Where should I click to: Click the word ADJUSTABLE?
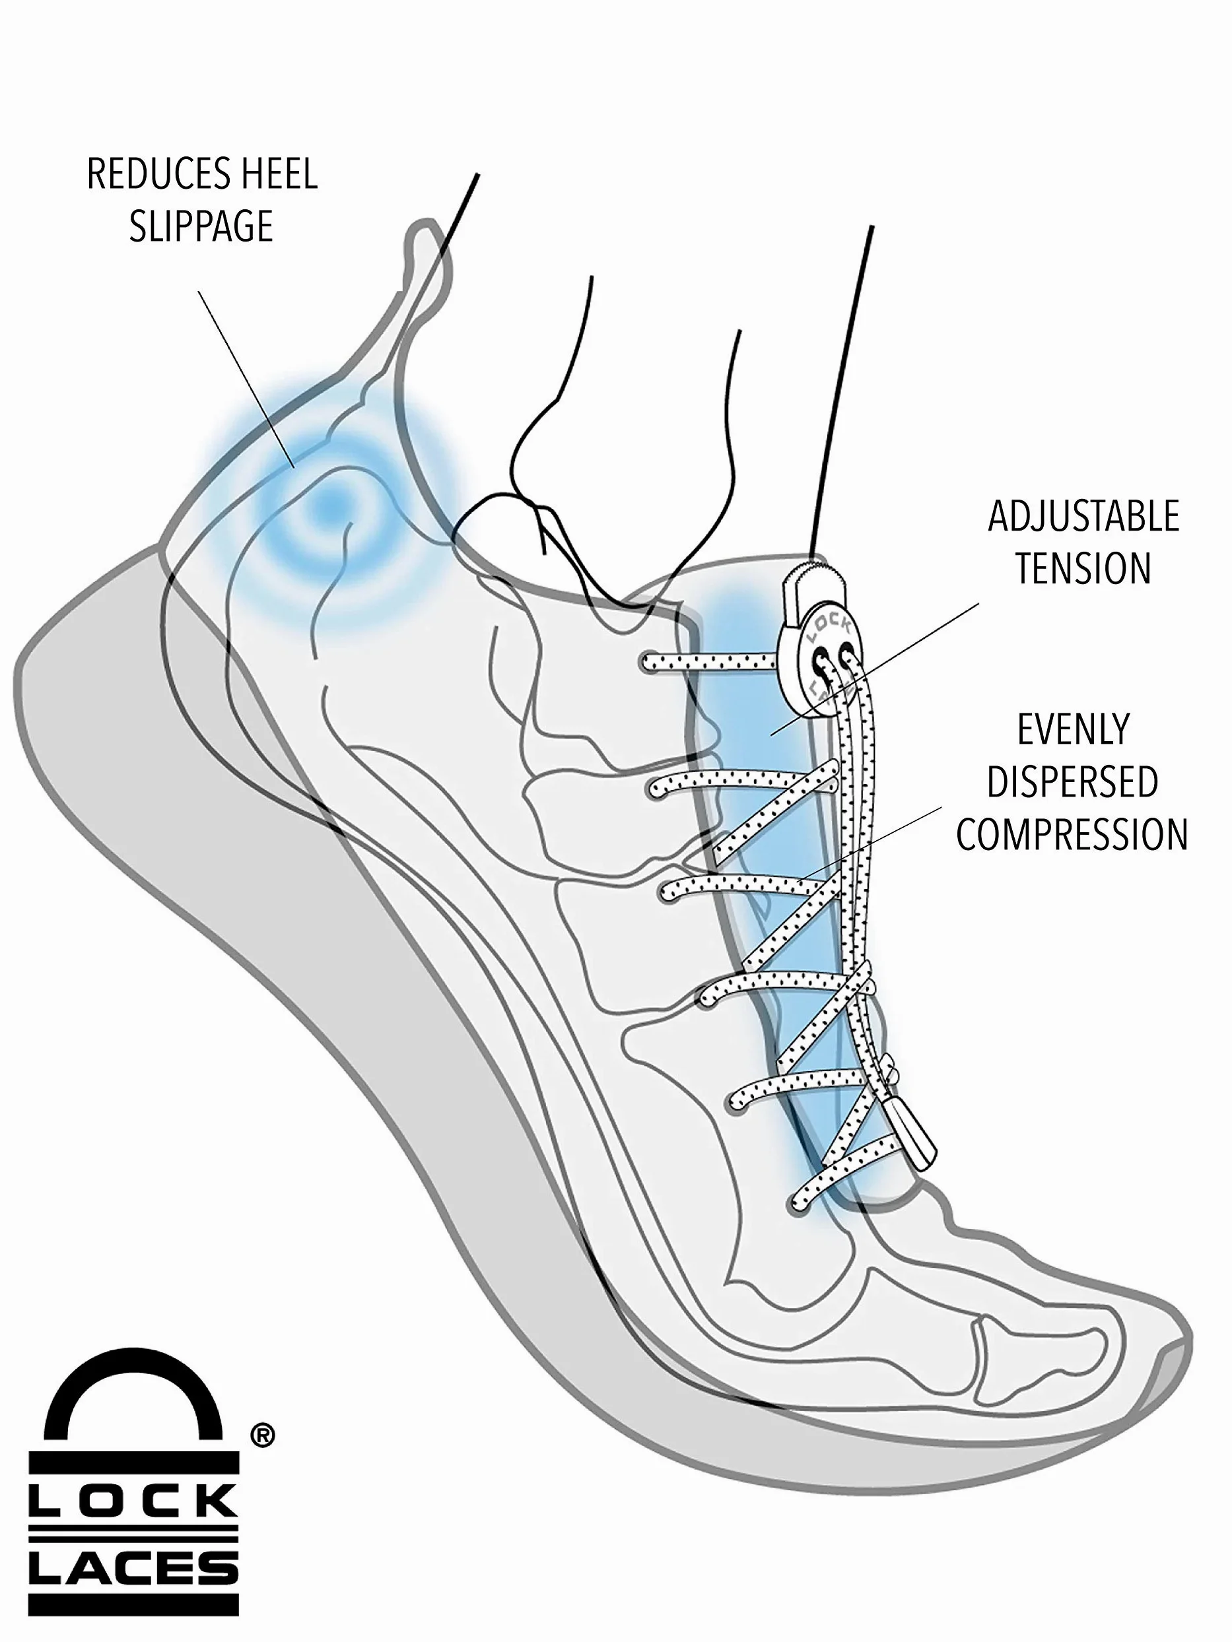[x=1083, y=517]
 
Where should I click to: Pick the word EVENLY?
[x=1073, y=729]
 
